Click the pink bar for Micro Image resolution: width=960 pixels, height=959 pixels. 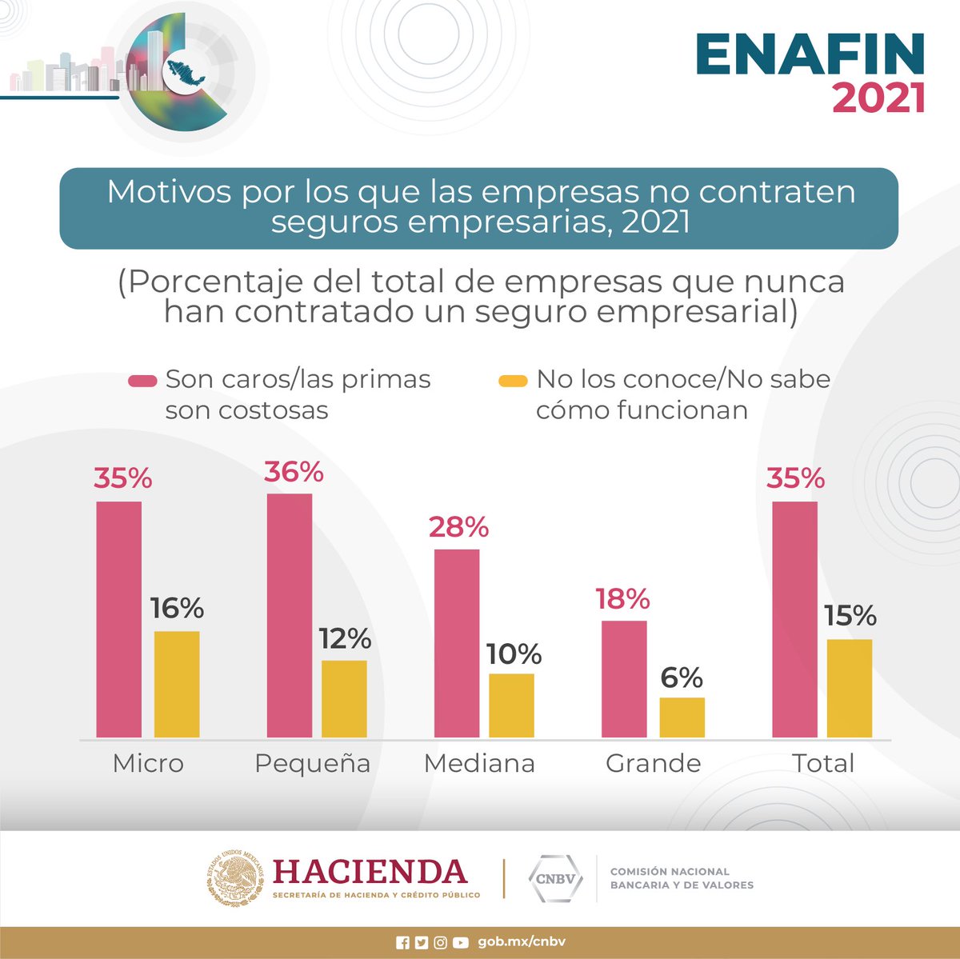pyautogui.click(x=118, y=619)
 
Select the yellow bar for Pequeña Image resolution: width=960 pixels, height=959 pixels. pyautogui.click(x=344, y=698)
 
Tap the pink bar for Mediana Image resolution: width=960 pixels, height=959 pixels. pyautogui.click(x=457, y=643)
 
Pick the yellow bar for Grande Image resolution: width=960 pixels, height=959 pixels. pyautogui.click(x=682, y=717)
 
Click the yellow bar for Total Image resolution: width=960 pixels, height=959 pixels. pyautogui.click(x=850, y=688)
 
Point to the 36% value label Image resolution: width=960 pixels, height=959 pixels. pyautogui.click(x=294, y=472)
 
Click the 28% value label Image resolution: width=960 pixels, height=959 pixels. pyautogui.click(x=458, y=527)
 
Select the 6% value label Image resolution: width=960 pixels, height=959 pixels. pyautogui.click(x=682, y=678)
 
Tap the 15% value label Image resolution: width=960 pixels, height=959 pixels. pyautogui.click(x=850, y=616)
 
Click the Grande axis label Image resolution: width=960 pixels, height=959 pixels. pyautogui.click(x=653, y=763)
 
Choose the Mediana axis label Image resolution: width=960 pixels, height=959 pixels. pyautogui.click(x=479, y=763)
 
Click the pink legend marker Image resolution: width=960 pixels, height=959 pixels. pyautogui.click(x=142, y=381)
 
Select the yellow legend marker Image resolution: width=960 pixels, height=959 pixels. pyautogui.click(x=513, y=381)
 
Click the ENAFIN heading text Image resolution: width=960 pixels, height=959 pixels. pyautogui.click(x=810, y=55)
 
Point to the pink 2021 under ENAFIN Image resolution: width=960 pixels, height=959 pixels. pyautogui.click(x=878, y=98)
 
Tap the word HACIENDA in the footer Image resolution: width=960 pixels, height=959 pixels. pyautogui.click(x=370, y=871)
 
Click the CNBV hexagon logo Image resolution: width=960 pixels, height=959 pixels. pyautogui.click(x=555, y=879)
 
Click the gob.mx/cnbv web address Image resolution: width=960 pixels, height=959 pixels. pyautogui.click(x=522, y=942)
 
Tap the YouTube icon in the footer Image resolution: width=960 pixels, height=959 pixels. pyautogui.click(x=460, y=943)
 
